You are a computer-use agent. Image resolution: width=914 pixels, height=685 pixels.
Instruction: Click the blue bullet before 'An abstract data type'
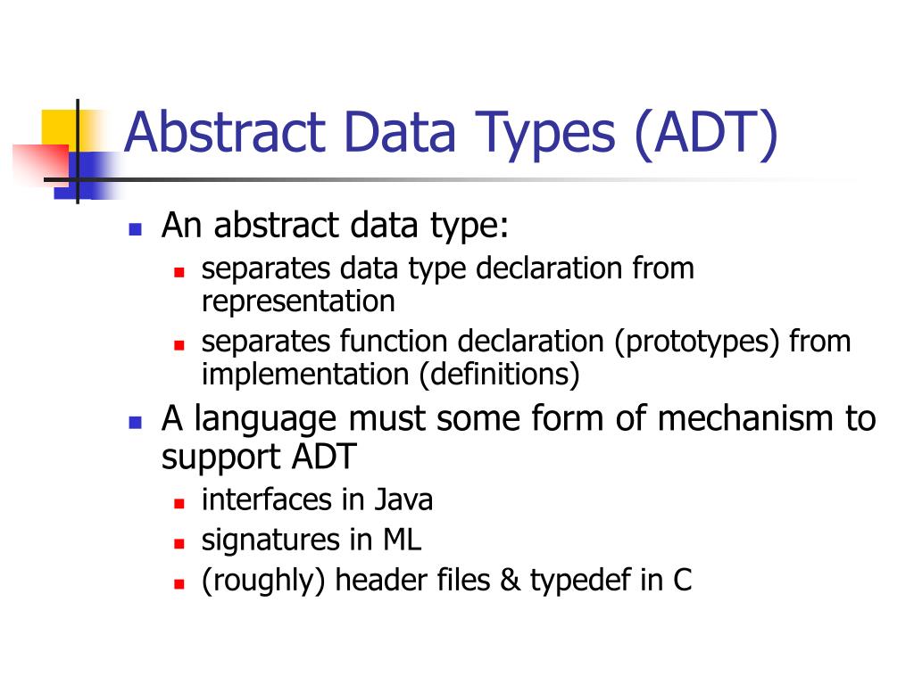[x=136, y=228]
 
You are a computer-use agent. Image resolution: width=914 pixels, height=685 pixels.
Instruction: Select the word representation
[x=298, y=301]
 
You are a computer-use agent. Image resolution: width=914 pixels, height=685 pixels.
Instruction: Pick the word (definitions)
[x=500, y=374]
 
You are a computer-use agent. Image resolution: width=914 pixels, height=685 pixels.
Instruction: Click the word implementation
[x=306, y=374]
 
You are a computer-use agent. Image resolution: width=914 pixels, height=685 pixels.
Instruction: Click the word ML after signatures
[x=403, y=540]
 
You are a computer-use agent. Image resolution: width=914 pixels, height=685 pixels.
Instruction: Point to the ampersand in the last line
[x=510, y=581]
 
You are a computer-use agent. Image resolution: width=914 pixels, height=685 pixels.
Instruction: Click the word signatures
[x=268, y=540]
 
